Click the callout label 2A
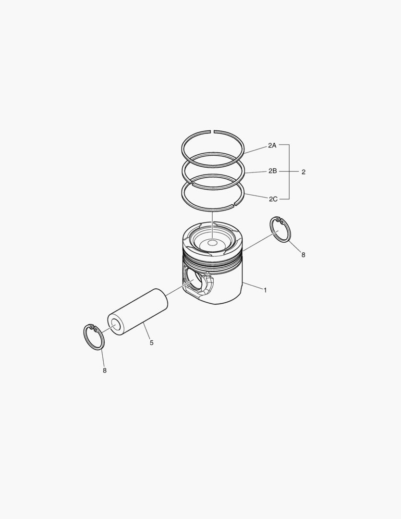point(272,145)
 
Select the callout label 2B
point(272,171)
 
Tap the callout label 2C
point(273,198)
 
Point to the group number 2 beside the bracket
point(303,172)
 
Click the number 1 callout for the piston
point(265,290)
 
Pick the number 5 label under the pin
point(151,343)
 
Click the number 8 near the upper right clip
point(303,255)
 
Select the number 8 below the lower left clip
point(105,370)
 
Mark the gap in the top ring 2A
point(213,130)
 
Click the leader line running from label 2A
point(256,148)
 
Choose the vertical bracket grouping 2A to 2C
point(289,172)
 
